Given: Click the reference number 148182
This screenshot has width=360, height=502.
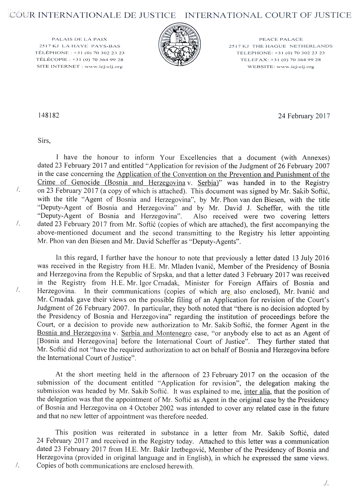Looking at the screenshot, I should click(x=49, y=116).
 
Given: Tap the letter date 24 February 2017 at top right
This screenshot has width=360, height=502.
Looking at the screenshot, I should click(x=304, y=116).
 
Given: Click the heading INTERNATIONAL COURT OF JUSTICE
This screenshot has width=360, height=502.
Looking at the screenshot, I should click(x=268, y=15).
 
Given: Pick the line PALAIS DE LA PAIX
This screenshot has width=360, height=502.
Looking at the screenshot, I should click(x=79, y=39).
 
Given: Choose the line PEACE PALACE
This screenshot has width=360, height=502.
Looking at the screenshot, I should click(x=281, y=39).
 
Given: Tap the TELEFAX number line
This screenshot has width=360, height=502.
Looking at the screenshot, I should click(x=281, y=60).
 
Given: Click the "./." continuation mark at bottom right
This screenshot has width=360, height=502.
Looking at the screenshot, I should click(x=326, y=483).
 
